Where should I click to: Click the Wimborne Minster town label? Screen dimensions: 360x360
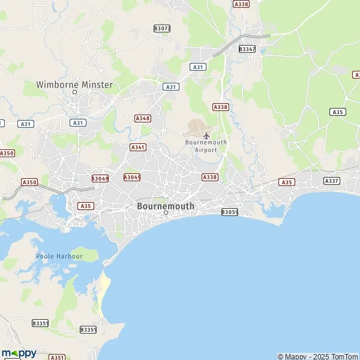pos(74,85)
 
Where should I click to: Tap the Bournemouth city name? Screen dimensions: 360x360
pos(166,206)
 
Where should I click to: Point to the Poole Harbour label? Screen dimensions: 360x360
pos(59,256)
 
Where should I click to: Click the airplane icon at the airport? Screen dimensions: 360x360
pos(206,135)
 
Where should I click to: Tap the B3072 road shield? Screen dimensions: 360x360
pos(162,28)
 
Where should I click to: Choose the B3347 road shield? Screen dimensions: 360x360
pos(247,49)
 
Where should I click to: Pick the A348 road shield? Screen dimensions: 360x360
pos(143,118)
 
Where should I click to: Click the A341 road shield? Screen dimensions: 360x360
pos(138,147)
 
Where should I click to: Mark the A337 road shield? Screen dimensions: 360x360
pos(331,181)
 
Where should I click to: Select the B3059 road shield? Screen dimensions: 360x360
pos(230,212)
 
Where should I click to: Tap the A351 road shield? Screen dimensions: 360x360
pos(57,357)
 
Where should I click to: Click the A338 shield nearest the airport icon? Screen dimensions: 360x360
pos(221,107)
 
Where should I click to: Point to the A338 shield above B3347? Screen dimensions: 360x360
pos(241,4)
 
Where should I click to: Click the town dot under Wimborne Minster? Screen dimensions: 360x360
pos(75,92)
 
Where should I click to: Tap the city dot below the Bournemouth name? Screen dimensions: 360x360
pos(166,212)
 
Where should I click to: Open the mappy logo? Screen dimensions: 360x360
pos(19,353)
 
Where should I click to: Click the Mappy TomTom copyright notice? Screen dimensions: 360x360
pos(317,356)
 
